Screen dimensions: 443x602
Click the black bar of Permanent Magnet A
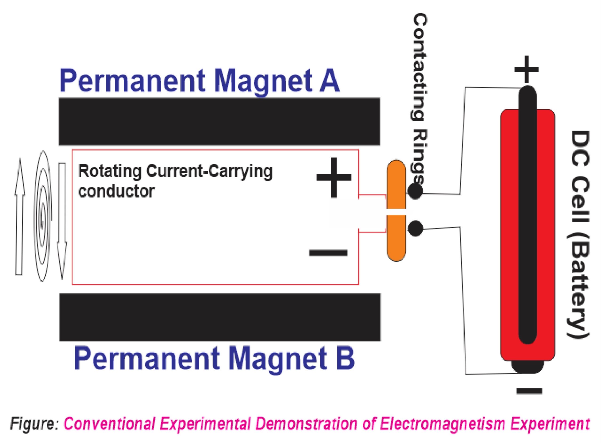pos(219,122)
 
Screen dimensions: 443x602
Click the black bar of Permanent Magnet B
pos(220,317)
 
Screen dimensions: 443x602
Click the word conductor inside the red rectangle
pos(116,191)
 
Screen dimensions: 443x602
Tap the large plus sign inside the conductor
pos(334,177)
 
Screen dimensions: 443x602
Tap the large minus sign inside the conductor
pos(328,252)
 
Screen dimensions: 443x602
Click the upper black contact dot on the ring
pos(415,191)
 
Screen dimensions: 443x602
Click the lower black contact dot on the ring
pos(415,229)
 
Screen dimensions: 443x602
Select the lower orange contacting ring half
pos(396,239)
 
